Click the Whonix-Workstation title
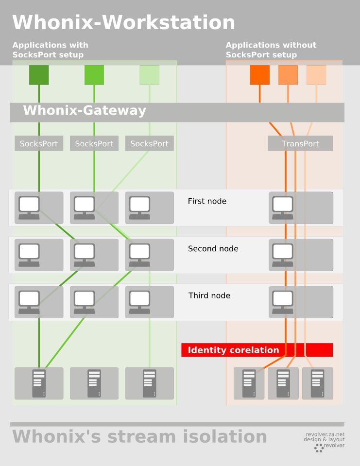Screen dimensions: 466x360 (123, 23)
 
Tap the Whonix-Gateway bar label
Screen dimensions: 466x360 (85, 111)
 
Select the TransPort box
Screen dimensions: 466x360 (300, 143)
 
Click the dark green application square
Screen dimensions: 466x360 (39, 75)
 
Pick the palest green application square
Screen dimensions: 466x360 (149, 75)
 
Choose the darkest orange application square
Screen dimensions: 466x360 (259, 75)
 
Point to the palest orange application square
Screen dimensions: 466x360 (316, 75)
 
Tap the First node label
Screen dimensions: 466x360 (207, 201)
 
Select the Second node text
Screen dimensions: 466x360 (213, 249)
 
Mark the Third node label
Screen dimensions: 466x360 (209, 295)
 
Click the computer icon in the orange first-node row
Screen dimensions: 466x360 (282, 207)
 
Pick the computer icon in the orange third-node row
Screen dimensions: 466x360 (282, 302)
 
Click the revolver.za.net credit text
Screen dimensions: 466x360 (325, 434)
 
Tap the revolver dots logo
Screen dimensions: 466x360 (319, 448)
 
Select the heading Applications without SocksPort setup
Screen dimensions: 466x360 (271, 50)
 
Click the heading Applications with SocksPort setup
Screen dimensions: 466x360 (50, 50)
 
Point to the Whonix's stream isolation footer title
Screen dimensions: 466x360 (139, 436)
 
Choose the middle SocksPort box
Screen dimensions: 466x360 (94, 143)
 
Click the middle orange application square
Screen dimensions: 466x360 (288, 75)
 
